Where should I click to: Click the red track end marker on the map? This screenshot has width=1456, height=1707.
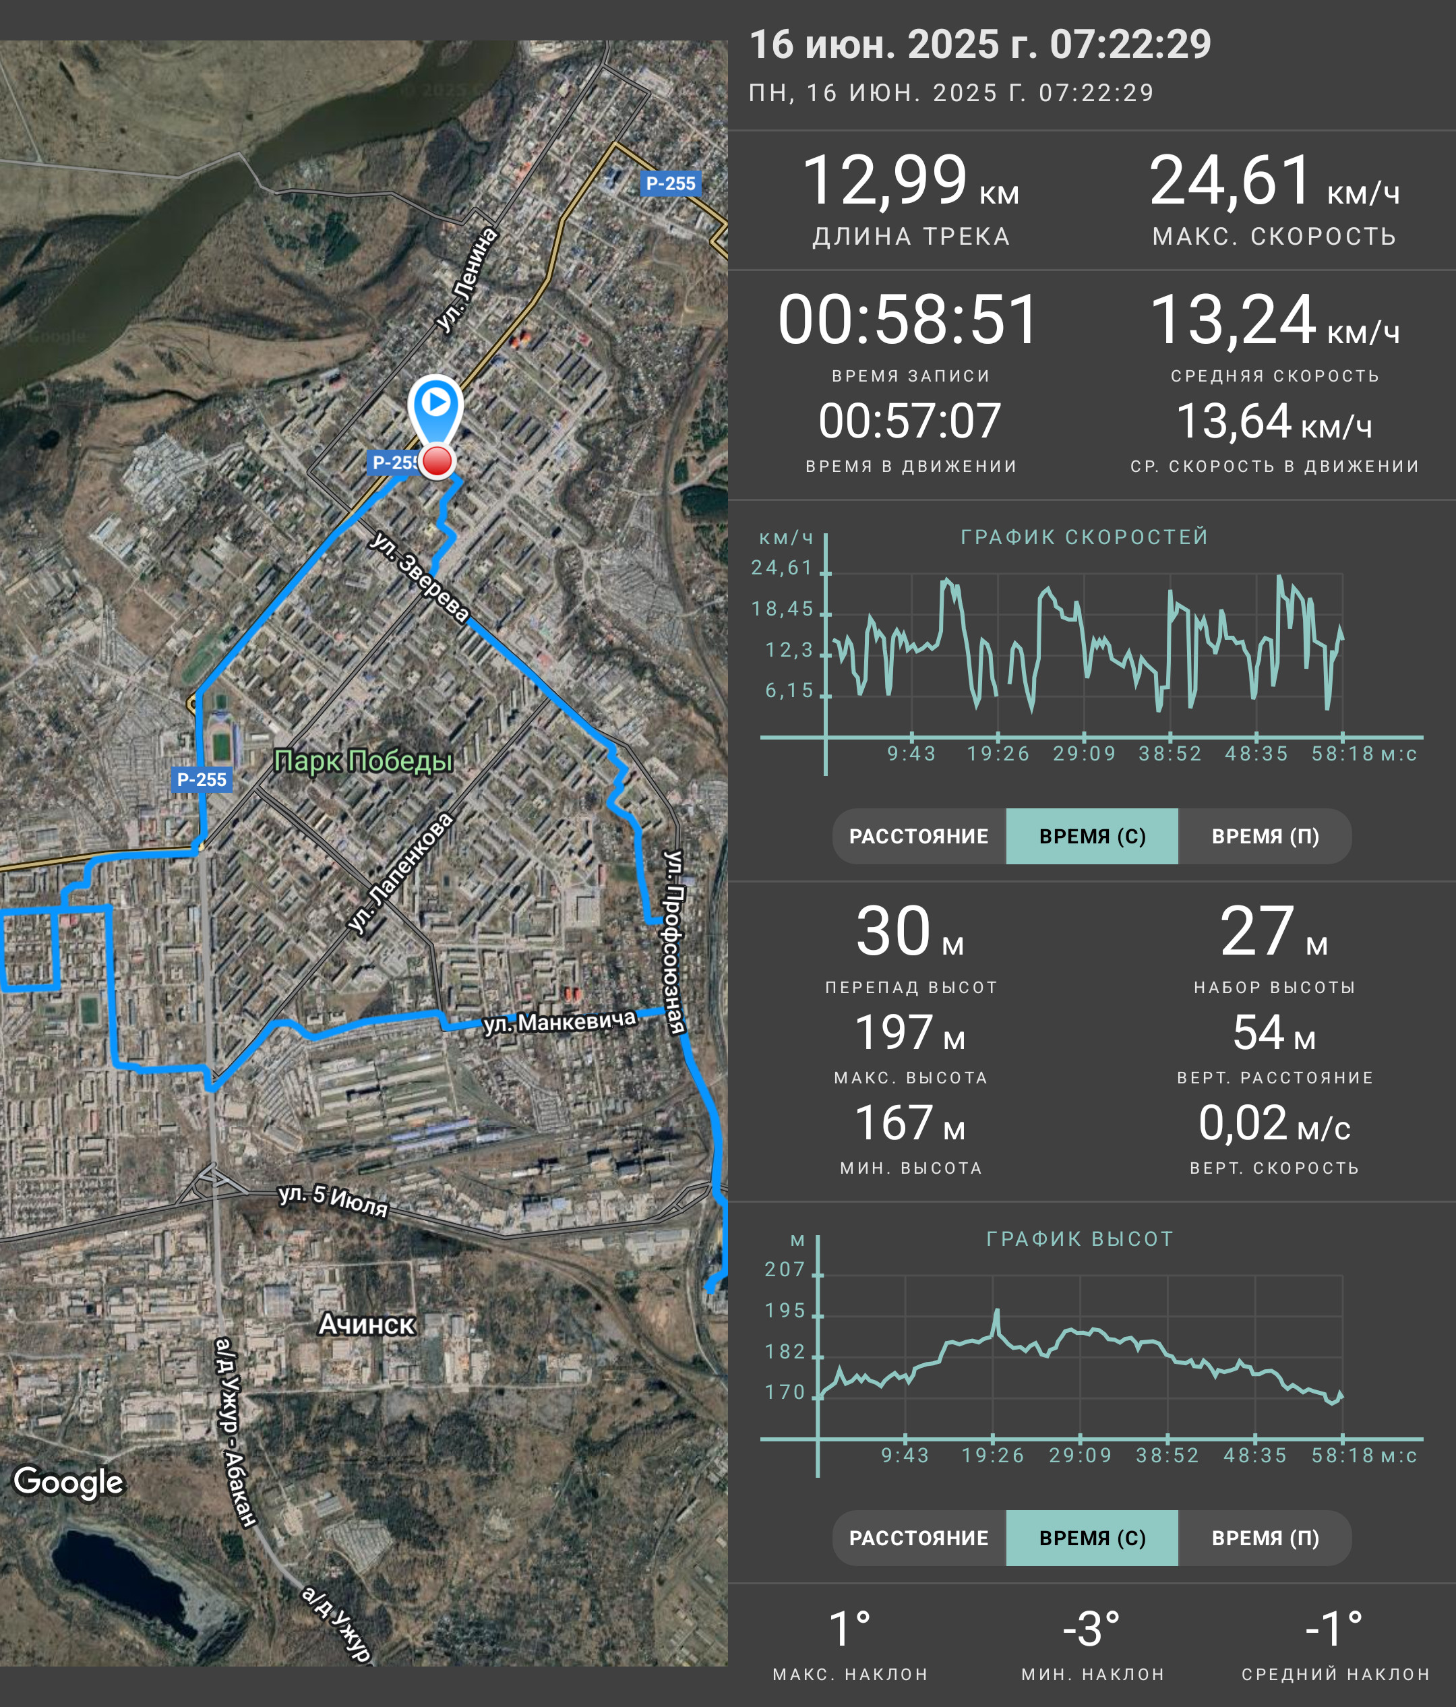(437, 461)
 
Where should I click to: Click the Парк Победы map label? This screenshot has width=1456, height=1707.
(363, 761)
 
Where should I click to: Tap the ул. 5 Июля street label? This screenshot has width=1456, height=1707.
(333, 1200)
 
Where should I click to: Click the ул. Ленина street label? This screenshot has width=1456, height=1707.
(466, 280)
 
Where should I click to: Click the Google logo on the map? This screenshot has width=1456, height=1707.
(68, 1481)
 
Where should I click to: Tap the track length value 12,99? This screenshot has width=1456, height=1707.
(884, 181)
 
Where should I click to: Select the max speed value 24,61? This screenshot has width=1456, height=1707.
(1230, 181)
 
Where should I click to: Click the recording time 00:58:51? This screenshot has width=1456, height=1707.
(909, 320)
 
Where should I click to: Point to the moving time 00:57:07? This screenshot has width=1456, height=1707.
(910, 421)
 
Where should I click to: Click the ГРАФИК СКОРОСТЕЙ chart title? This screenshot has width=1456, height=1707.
(1085, 537)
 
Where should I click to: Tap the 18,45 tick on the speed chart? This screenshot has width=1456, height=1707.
(783, 609)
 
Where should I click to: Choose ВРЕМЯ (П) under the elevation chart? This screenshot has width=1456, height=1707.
(1265, 1538)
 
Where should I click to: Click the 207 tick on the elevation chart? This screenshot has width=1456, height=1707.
(785, 1269)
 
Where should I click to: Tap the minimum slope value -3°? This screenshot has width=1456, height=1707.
(1091, 1629)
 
